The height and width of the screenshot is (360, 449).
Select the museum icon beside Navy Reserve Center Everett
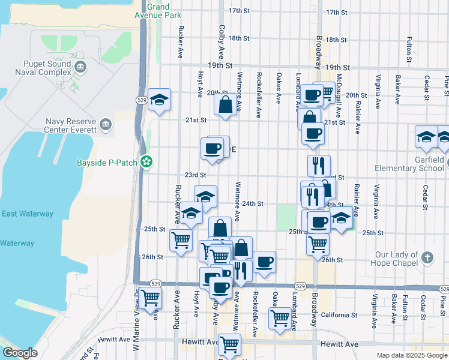[106, 124]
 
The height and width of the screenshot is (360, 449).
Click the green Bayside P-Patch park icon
[145, 161]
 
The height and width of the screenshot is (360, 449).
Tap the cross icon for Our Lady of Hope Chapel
[427, 257]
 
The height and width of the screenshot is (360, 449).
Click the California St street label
[339, 314]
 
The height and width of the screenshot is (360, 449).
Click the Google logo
[20, 353]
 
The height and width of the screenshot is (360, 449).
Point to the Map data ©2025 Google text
[412, 355]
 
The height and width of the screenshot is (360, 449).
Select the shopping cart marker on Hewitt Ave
[229, 344]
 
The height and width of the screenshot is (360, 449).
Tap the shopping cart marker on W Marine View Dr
[149, 296]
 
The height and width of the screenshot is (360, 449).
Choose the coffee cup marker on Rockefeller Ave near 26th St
[264, 261]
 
